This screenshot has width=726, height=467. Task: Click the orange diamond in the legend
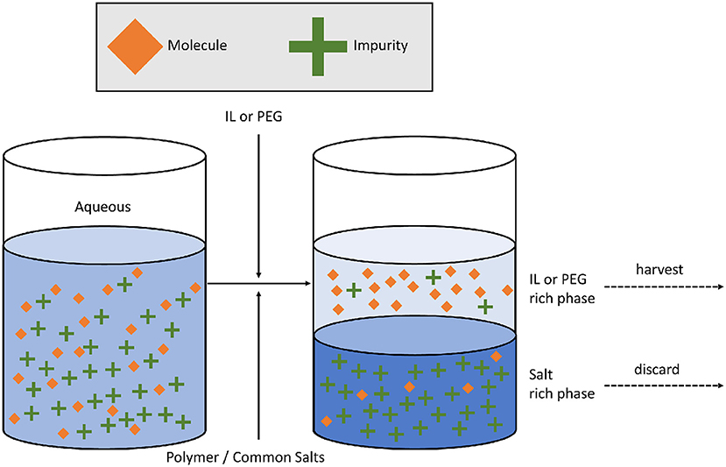point(135,44)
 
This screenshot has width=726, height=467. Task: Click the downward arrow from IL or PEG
point(258,202)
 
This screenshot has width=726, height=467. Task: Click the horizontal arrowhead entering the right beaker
point(307,284)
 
